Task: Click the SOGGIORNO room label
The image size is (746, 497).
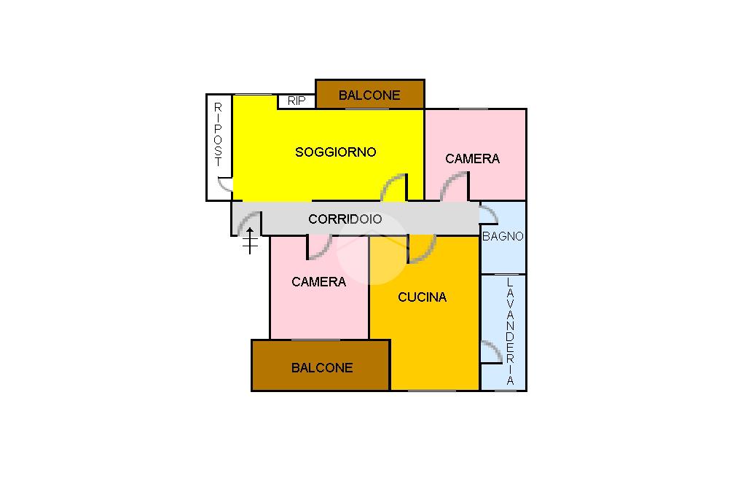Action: pos(335,152)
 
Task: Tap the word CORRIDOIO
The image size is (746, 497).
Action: pos(345,219)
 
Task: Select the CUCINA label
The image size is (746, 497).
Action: pos(422,297)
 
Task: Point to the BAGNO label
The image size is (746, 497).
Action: pos(503,236)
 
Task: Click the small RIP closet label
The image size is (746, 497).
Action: pos(297,101)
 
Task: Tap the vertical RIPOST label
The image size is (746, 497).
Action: pos(218,135)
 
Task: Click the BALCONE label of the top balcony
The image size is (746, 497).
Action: pos(369,95)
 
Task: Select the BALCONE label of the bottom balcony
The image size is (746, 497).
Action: pos(322,368)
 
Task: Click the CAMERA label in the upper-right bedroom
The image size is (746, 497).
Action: pos(472,159)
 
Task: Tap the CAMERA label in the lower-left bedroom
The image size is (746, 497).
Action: pos(318,282)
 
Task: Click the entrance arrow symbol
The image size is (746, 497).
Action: pos(250,240)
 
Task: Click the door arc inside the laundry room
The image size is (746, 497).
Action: pos(490,351)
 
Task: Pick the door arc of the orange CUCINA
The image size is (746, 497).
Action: pos(421,248)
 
